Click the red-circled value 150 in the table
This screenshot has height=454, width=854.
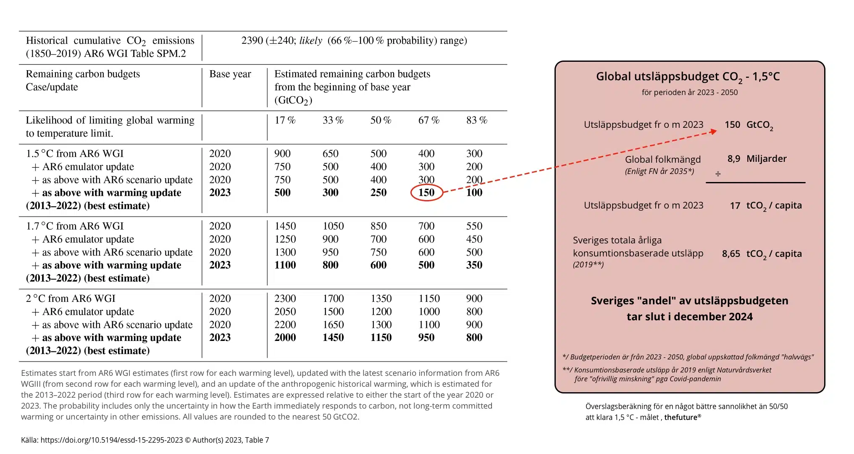point(426,193)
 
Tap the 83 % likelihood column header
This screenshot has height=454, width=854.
point(477,120)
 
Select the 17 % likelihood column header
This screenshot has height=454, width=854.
point(285,120)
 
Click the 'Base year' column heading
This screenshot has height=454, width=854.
point(230,74)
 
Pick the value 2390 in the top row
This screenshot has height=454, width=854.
point(252,40)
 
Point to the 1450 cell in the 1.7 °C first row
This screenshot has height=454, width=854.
point(285,226)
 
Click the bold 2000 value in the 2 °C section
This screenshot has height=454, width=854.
point(285,338)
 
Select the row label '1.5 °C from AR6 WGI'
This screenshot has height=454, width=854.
point(75,153)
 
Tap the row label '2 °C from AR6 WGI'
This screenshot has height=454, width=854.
point(71,298)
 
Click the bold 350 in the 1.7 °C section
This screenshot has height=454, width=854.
point(474,265)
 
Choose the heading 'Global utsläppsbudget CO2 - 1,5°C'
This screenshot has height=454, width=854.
point(688,77)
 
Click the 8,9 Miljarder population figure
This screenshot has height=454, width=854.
point(757,158)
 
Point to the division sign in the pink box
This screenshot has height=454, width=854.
point(718,174)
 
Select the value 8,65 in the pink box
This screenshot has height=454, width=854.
point(731,254)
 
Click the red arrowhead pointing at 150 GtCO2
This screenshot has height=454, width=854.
point(713,132)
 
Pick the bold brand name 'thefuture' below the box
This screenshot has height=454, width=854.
point(681,417)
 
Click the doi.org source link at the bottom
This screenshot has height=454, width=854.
point(112,440)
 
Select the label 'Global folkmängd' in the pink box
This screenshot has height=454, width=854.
point(663,160)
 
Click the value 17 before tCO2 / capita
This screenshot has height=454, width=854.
point(735,206)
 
